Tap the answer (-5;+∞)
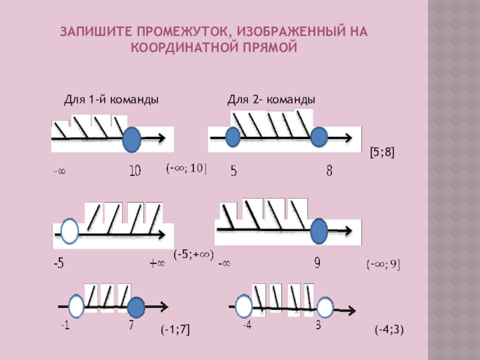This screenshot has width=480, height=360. [193, 254]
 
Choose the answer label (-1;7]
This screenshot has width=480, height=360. [175, 329]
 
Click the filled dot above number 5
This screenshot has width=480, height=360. [232, 139]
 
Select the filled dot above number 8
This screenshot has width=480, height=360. [319, 138]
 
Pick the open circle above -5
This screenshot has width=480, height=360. [70, 232]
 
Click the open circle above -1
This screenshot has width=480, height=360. [76, 307]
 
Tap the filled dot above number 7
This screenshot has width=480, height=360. [136, 308]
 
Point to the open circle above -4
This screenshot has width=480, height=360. [244, 307]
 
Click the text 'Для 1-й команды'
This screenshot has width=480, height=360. [111, 100]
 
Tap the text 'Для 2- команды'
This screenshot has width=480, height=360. [271, 100]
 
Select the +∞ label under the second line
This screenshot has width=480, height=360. [157, 263]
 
